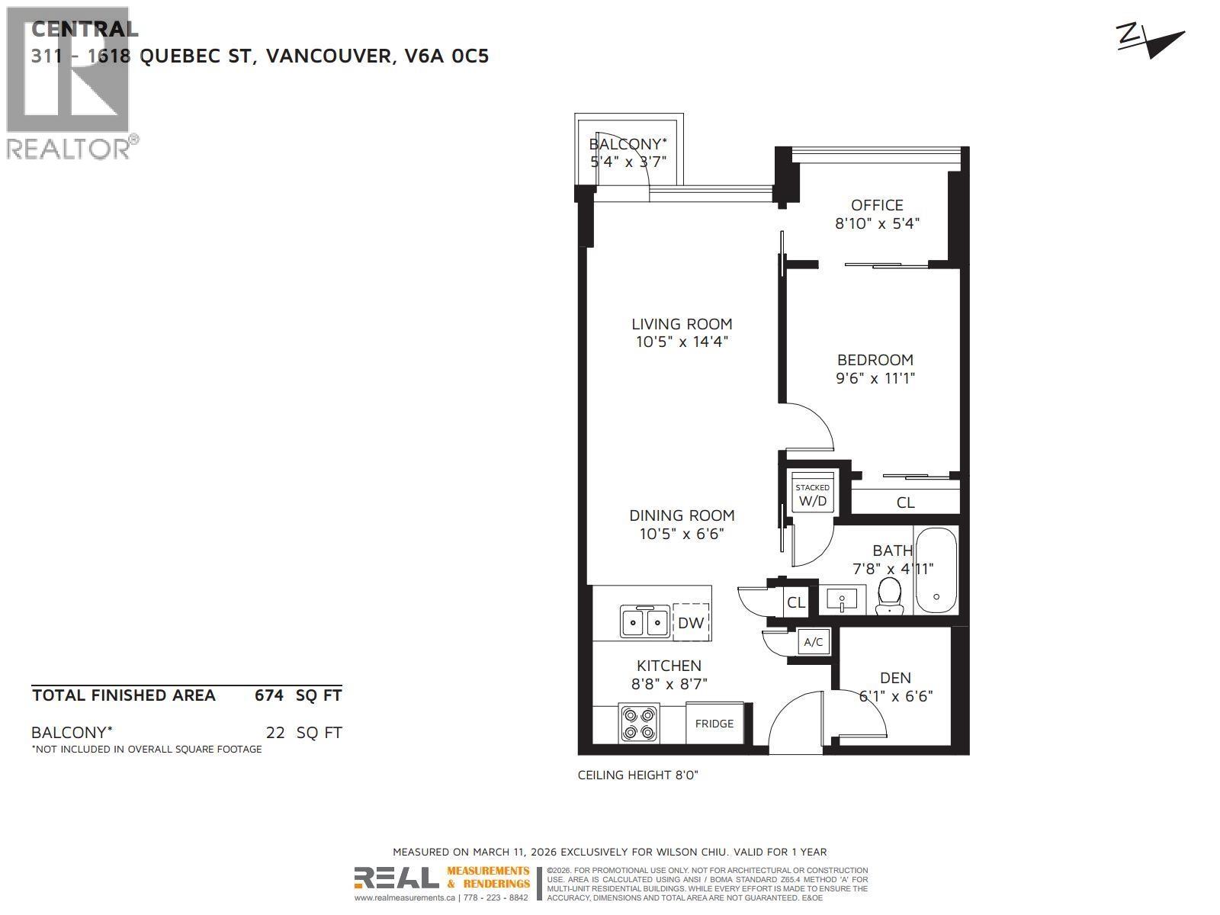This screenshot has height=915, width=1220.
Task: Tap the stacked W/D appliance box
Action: pos(812,496)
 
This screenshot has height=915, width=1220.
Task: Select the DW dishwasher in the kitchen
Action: pos(691,622)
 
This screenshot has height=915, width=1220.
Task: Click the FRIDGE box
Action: pos(714,723)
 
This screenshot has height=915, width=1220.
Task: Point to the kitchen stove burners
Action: pos(638,724)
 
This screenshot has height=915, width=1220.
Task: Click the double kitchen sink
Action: pos(644,621)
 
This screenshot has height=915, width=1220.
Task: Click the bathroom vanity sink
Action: pos(841,599)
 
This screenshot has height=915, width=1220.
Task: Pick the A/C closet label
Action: pos(814,642)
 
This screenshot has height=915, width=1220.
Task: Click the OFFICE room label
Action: pos(877,205)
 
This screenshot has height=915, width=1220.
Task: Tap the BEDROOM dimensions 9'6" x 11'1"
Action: pos(875,378)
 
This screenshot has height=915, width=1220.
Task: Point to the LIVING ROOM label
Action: pos(682,324)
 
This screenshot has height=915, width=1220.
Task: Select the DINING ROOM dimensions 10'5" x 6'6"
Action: pos(682,534)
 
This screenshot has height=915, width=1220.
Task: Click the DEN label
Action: pos(895,678)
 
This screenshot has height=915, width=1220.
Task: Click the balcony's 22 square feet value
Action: pos(274,733)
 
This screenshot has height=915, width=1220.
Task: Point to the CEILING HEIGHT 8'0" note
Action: pos(637,775)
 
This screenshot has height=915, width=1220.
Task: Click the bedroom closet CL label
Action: pos(905,502)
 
